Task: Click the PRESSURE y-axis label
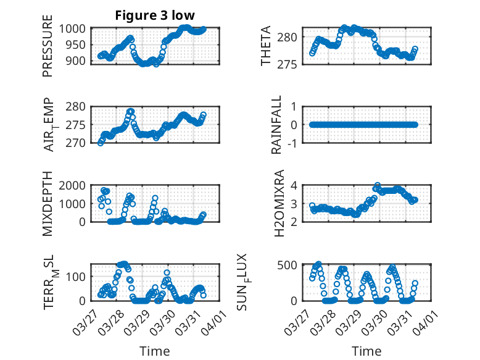(48, 50)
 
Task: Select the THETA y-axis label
(266, 46)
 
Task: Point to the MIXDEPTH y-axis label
(48, 204)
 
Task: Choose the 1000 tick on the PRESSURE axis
(76, 28)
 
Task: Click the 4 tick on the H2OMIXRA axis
(295, 185)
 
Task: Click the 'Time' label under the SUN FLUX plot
(366, 351)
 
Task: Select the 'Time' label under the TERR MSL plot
(154, 351)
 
